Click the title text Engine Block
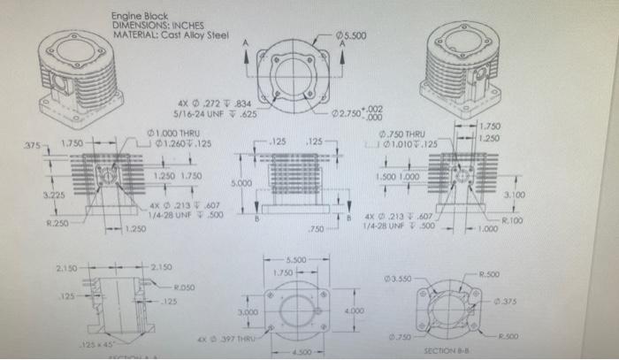point(140,16)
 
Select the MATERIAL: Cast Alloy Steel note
point(170,35)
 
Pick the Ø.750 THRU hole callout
point(402,134)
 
